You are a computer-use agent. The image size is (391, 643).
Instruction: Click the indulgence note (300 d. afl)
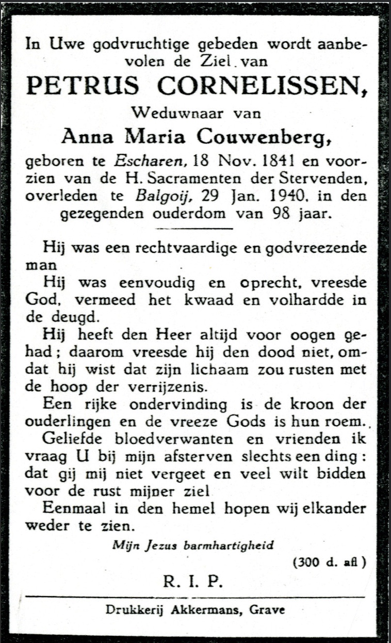[x=329, y=562]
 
